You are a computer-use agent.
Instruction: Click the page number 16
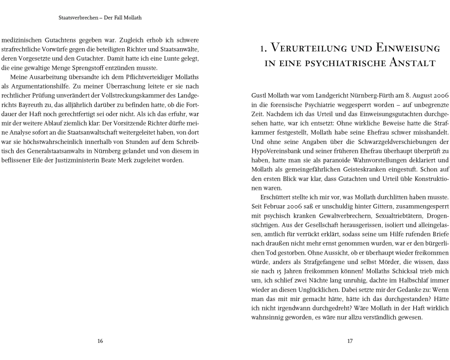click(x=100, y=341)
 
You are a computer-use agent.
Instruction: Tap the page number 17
click(x=350, y=341)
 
